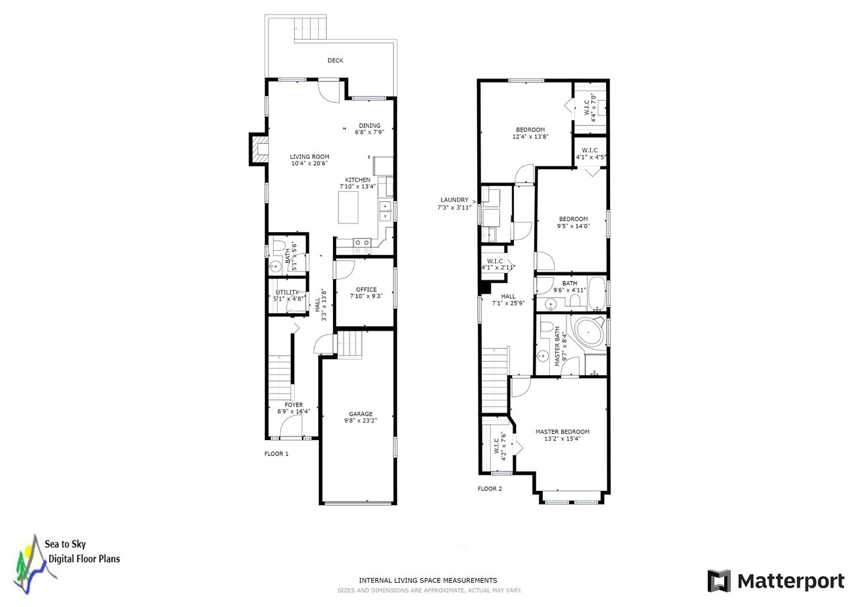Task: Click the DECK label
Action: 335,60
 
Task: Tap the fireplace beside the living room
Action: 259,150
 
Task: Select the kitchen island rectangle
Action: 348,207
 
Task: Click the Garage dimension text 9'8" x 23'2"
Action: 360,421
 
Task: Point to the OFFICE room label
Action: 366,289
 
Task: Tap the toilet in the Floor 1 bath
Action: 279,247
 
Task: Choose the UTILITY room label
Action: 287,292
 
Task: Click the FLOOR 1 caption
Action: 276,453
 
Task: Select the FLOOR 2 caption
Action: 490,488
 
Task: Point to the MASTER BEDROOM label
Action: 562,431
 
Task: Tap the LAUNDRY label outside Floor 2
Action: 454,200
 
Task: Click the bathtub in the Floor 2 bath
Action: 597,293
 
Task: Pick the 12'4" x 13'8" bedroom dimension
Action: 530,136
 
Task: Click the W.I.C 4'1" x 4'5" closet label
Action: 591,154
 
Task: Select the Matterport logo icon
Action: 719,581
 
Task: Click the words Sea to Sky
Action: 65,544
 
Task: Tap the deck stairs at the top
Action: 311,27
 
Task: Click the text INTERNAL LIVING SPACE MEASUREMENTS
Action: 428,581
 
